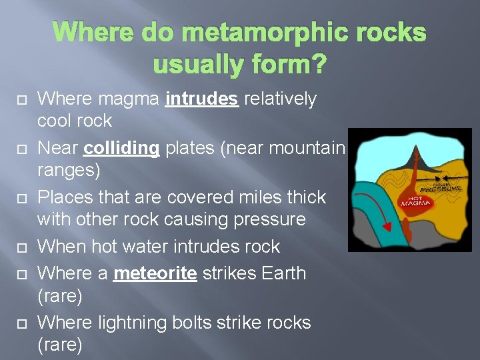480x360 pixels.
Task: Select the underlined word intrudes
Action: [202, 99]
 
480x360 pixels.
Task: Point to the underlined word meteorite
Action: [155, 273]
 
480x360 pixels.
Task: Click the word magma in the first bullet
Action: [129, 99]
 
